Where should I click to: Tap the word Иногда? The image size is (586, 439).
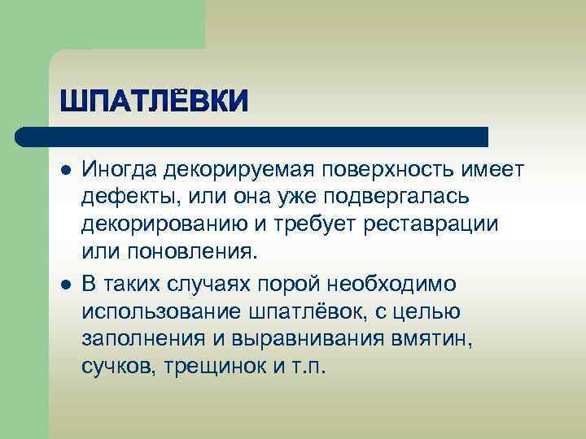coord(120,169)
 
